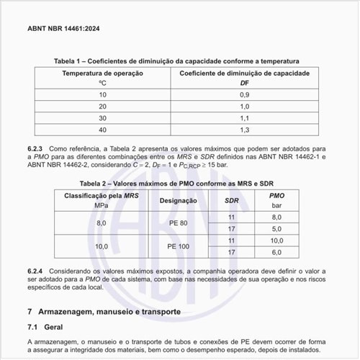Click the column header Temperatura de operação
[x=102, y=73]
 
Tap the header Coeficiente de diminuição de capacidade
[x=244, y=73]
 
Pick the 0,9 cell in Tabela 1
[x=244, y=95]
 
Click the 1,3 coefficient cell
[x=244, y=130]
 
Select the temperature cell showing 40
[x=102, y=130]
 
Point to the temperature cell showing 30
[x=102, y=118]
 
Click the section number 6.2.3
[x=36, y=148]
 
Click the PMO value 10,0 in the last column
[x=276, y=240]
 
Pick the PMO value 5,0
[x=276, y=229]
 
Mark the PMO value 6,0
[x=276, y=252]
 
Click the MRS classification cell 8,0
[x=102, y=223]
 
